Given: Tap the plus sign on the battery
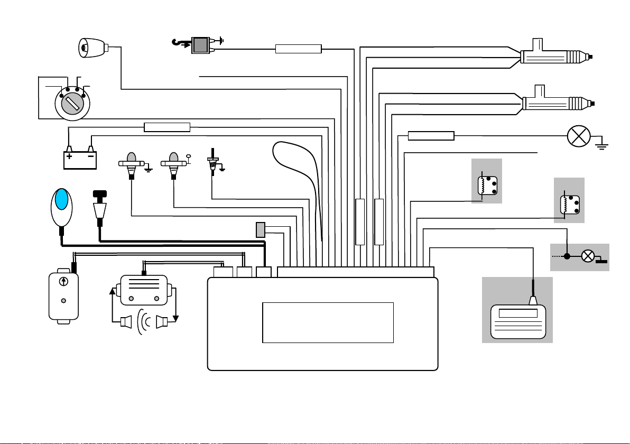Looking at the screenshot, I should click(x=69, y=156).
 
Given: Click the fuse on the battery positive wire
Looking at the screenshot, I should click(x=167, y=127).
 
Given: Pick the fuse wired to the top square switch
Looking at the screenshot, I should click(x=299, y=49).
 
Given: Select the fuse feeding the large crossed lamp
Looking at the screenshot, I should click(x=431, y=136).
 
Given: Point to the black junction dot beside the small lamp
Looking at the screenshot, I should click(x=567, y=256).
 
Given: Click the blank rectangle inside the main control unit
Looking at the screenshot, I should click(x=328, y=322).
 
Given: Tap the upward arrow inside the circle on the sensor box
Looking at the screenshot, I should click(x=63, y=281).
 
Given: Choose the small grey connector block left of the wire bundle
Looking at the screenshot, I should click(x=260, y=230).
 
